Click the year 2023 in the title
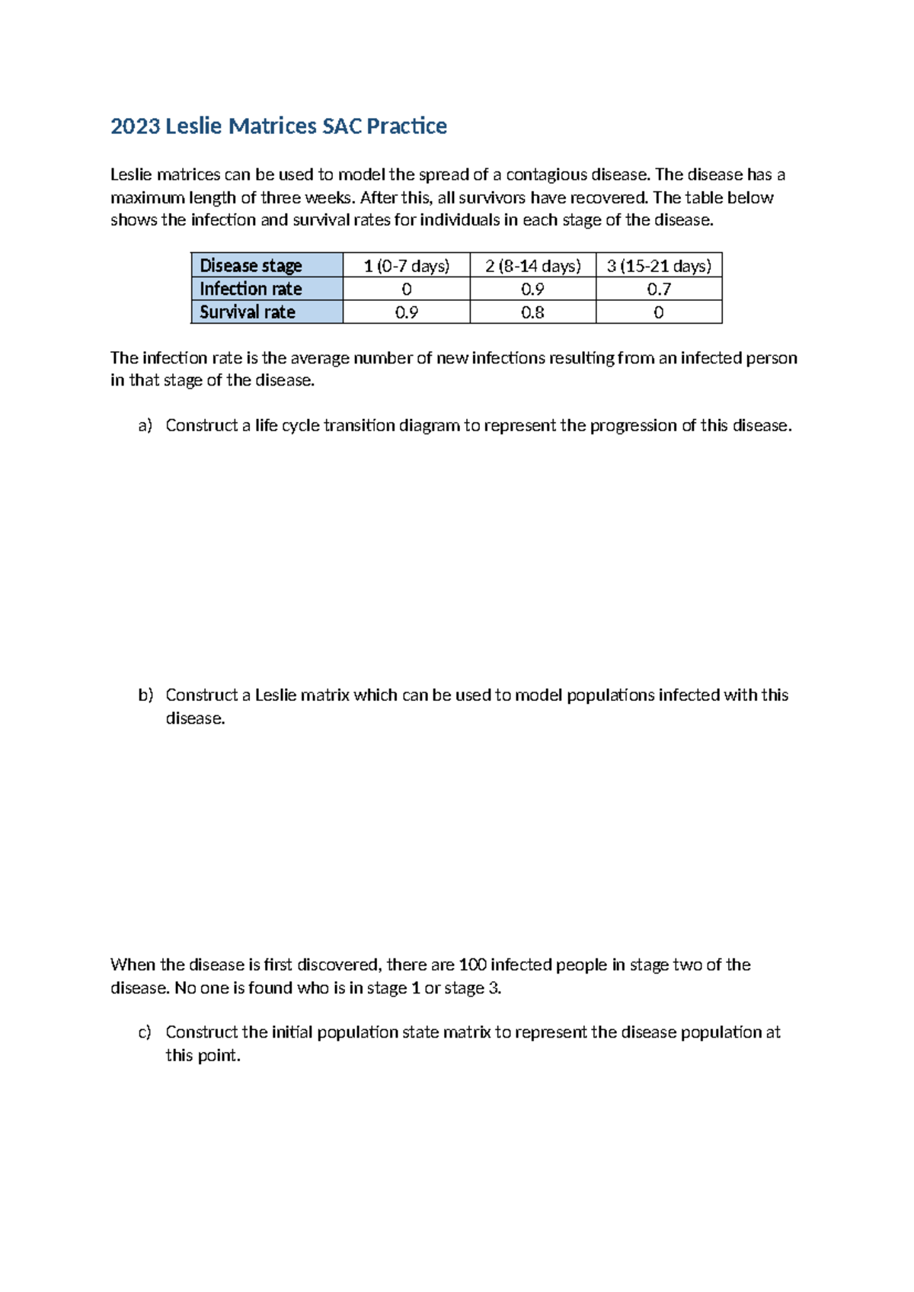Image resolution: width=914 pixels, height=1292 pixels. tap(135, 126)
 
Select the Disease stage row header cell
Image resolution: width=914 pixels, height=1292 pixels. tap(251, 266)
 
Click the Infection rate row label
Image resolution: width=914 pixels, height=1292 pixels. tap(251, 289)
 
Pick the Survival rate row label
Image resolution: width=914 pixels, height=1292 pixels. tap(247, 312)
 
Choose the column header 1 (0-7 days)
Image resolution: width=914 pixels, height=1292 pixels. tap(406, 266)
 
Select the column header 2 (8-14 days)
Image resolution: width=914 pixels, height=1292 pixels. tap(532, 266)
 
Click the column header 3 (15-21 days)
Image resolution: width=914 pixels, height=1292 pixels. tap(659, 266)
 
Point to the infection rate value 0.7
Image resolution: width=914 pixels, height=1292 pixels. tap(659, 289)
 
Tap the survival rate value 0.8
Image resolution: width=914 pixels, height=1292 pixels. tap(532, 312)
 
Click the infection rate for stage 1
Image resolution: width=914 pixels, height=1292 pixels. tap(406, 289)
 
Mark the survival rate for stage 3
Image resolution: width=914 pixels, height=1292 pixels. tap(659, 312)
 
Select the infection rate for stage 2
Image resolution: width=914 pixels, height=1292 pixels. tap(532, 289)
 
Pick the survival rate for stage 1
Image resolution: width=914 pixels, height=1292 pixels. tap(406, 312)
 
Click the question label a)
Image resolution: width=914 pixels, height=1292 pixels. tap(145, 426)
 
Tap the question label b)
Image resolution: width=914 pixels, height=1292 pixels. tap(145, 695)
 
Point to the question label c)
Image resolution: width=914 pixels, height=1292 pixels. tap(145, 1032)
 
